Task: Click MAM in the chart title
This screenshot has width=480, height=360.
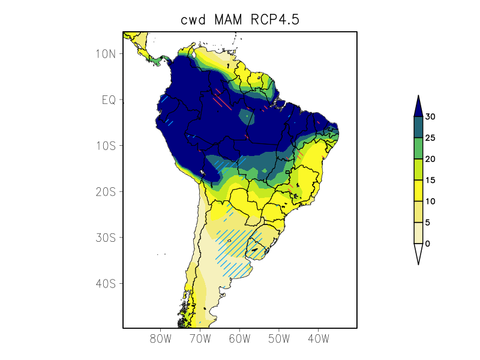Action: coord(230,20)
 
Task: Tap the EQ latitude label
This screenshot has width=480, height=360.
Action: coord(108,100)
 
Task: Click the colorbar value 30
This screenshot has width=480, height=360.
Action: coord(430,117)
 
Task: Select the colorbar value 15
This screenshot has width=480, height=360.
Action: coord(430,180)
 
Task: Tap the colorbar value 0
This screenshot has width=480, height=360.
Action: coord(427,244)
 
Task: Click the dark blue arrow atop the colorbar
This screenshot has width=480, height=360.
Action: coord(418,106)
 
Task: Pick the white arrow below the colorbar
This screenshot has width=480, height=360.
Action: coord(418,253)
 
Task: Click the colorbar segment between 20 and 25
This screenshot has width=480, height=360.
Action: coord(418,148)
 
